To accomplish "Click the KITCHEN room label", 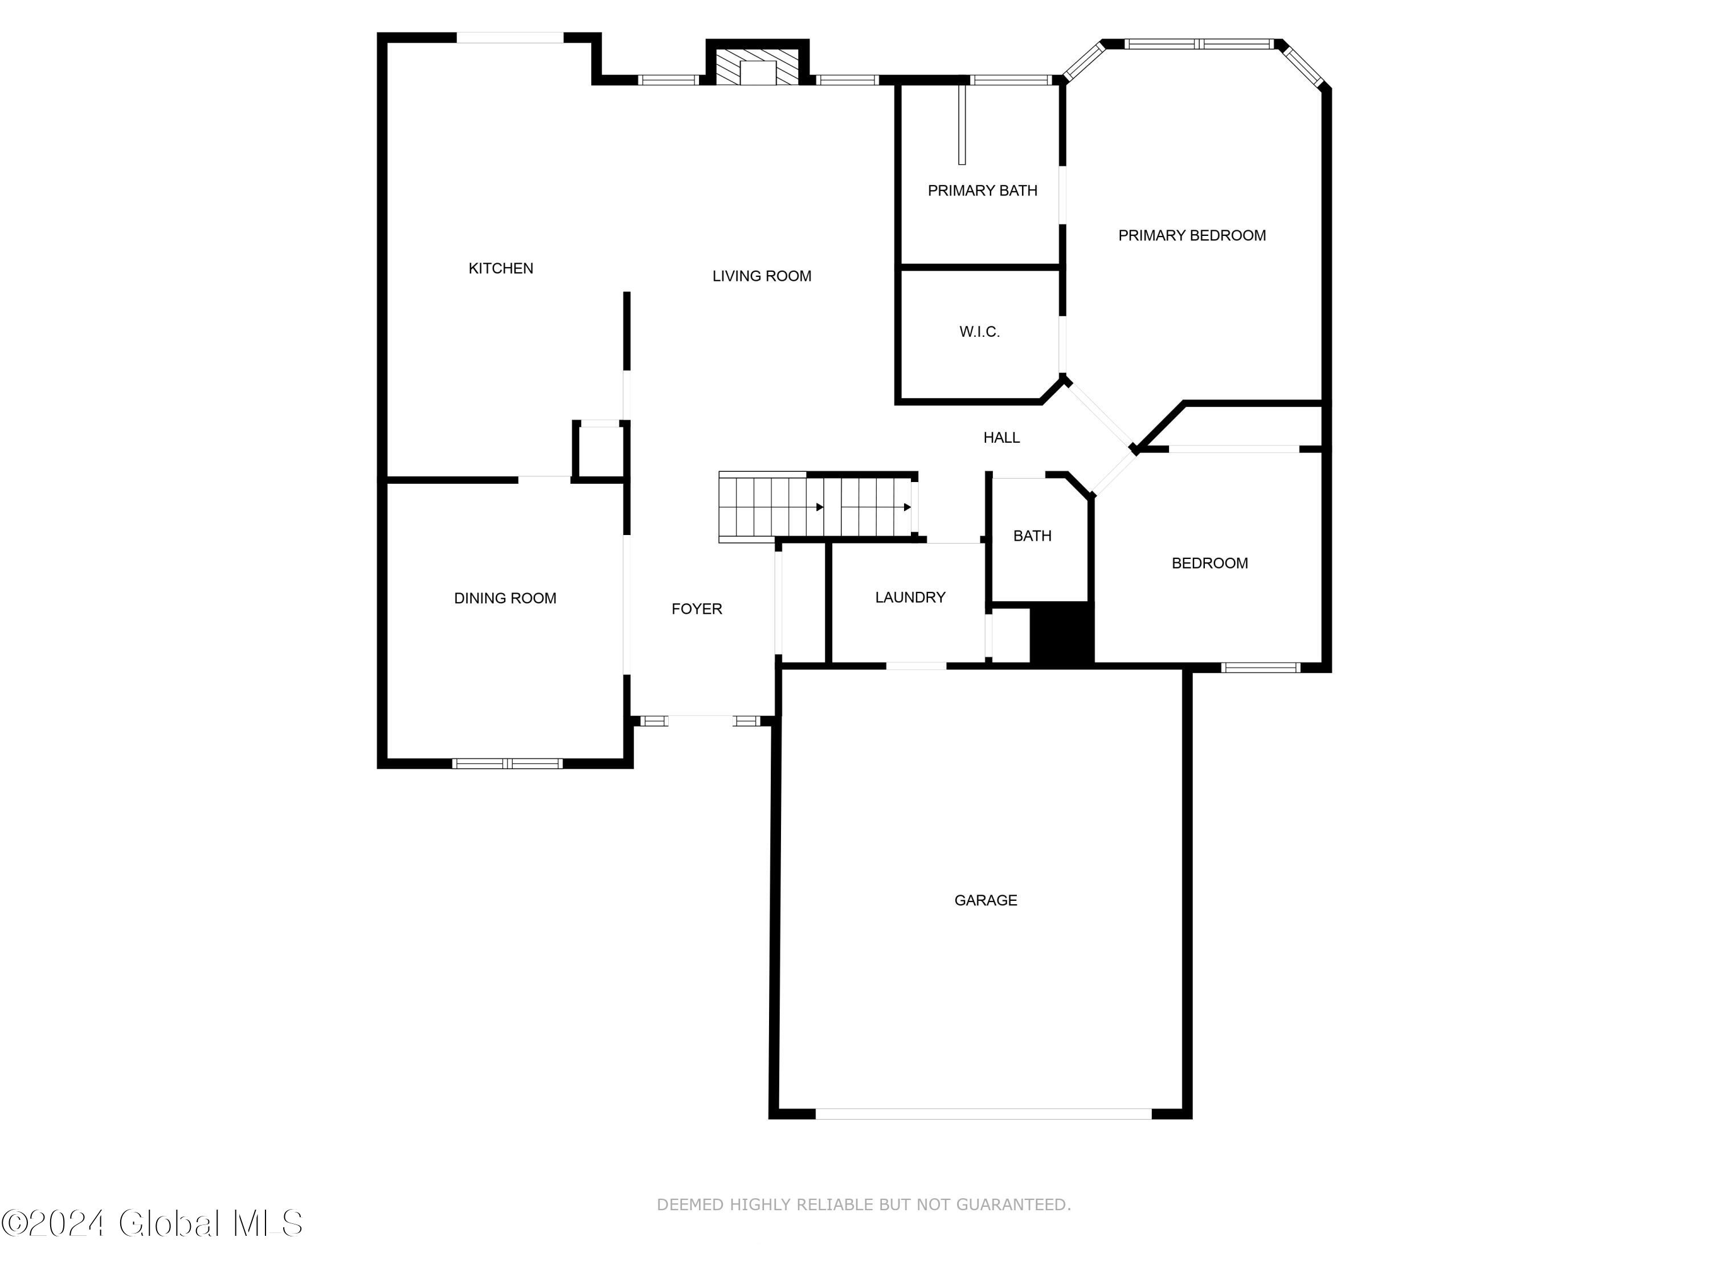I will click(501, 268).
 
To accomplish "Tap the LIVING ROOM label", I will click(761, 276).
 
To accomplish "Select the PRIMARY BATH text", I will click(982, 190).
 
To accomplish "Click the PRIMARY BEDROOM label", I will click(1191, 235).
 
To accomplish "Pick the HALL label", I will click(1001, 438).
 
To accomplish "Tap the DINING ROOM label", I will click(505, 598).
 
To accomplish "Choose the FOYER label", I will click(696, 609).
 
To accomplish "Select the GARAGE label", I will click(985, 900).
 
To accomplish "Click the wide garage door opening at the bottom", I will click(983, 1113).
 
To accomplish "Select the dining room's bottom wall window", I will click(507, 764).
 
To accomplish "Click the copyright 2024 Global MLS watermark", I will click(152, 1223).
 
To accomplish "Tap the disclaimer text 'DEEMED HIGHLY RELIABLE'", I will click(863, 1205).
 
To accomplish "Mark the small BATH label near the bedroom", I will click(1032, 536).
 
